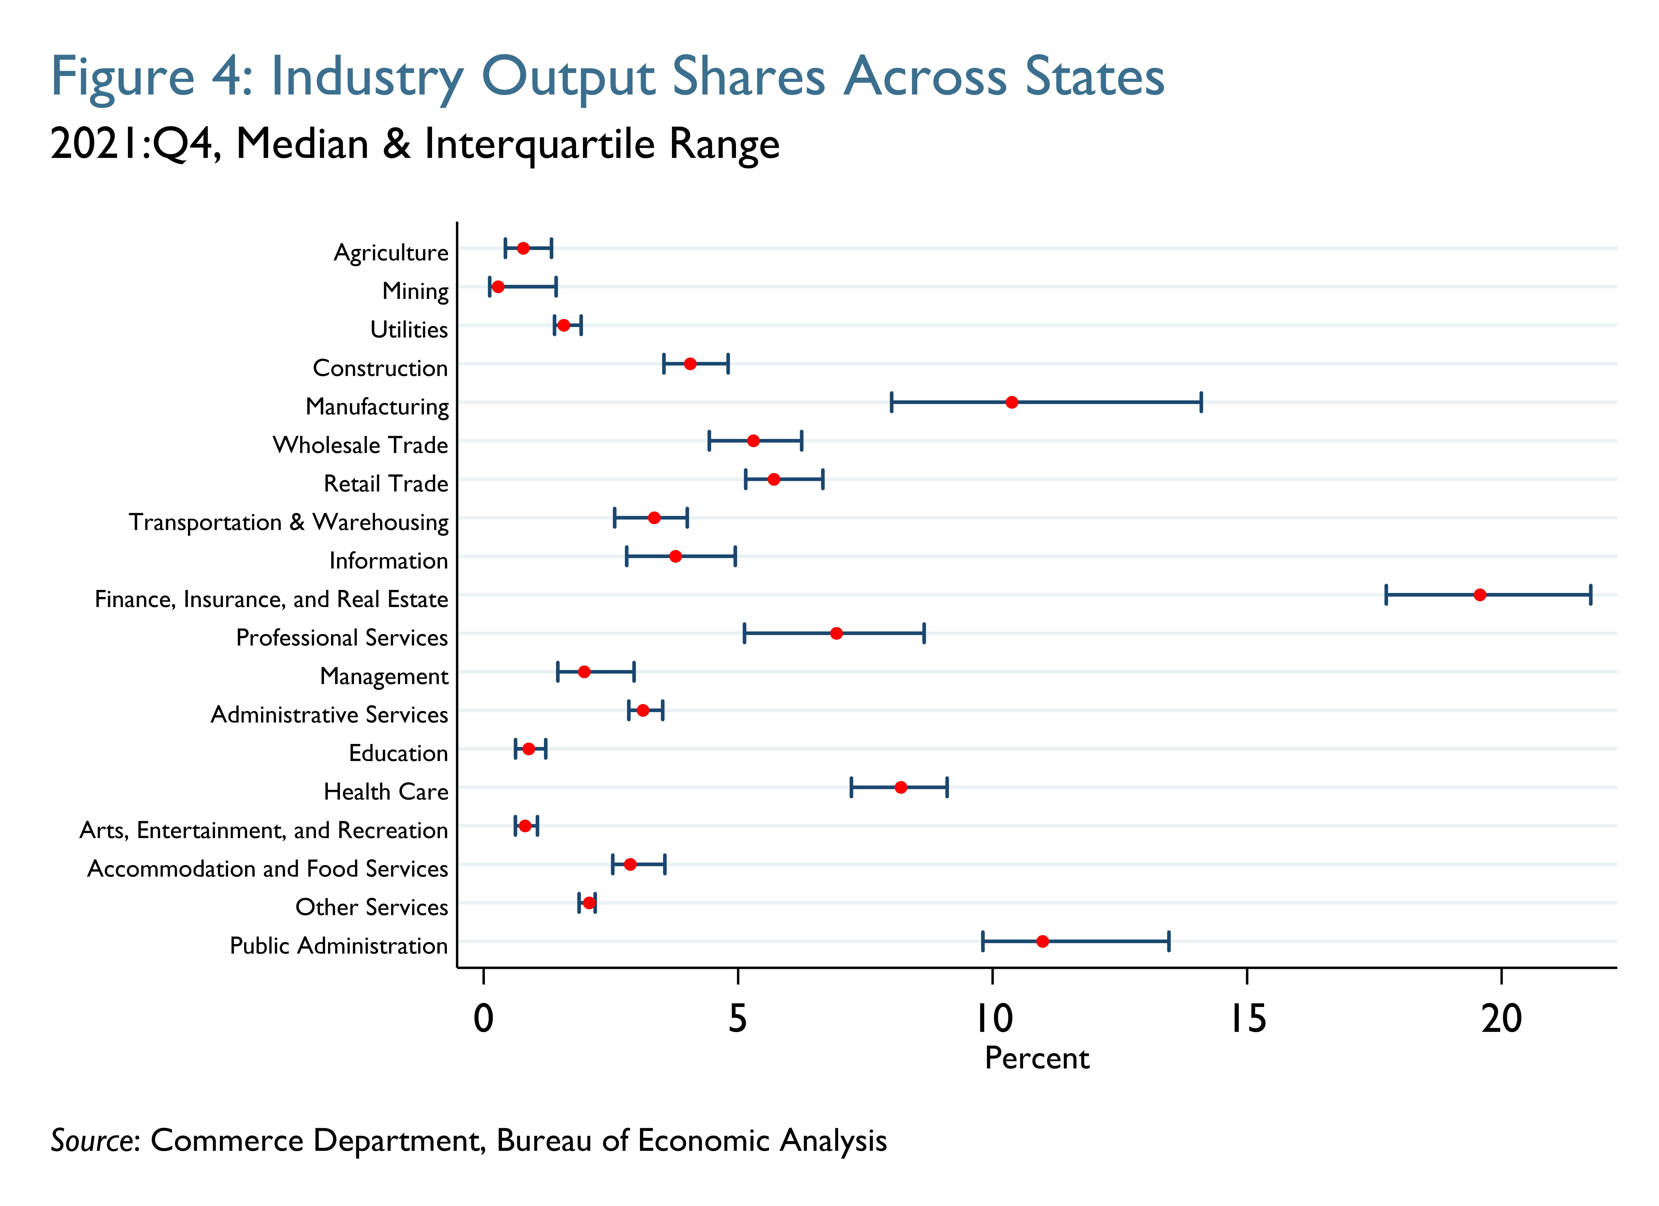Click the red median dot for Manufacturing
1012,402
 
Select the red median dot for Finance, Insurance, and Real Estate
1480,595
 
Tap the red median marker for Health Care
901,788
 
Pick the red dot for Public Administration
1042,941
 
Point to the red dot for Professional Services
836,633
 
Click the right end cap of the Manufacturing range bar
1201,402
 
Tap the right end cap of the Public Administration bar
1169,941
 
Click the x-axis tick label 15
1247,1019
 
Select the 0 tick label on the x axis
484,1019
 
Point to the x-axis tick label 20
1501,1019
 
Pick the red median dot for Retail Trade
774,479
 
